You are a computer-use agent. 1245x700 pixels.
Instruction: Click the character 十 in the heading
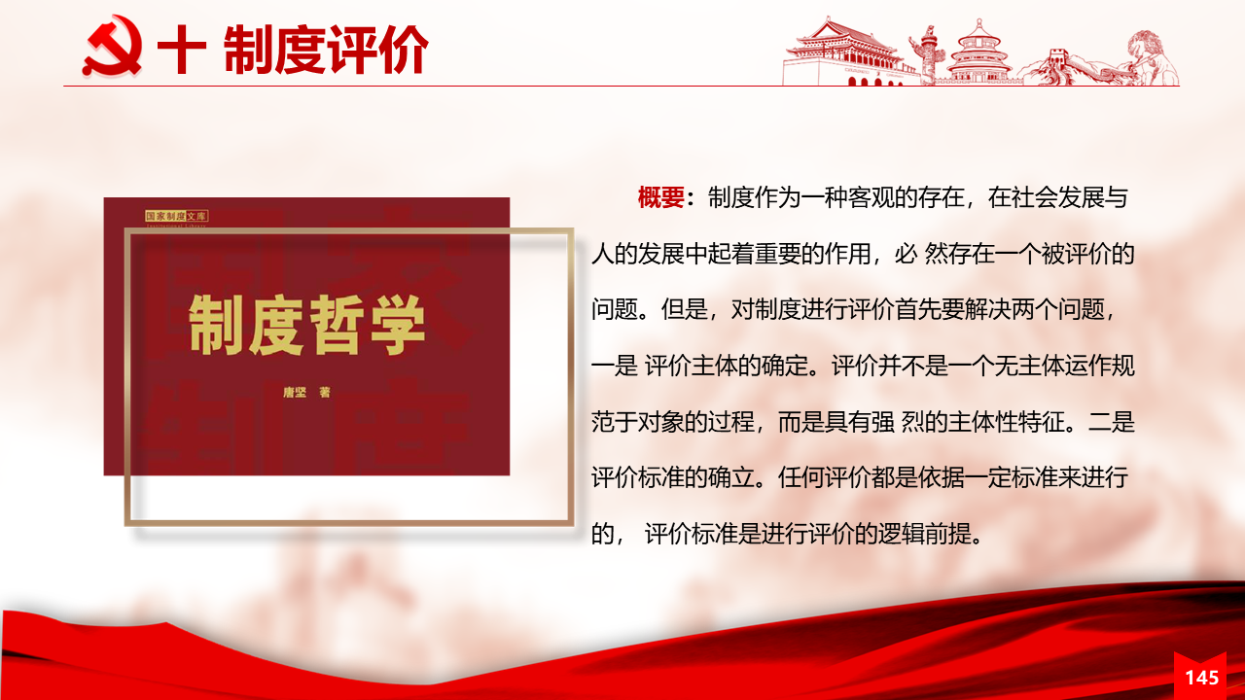pos(182,49)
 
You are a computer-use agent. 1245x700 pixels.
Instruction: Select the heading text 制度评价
pos(326,50)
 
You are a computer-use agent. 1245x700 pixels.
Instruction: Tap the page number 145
pos(1201,678)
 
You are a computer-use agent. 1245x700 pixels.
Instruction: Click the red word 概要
pos(660,197)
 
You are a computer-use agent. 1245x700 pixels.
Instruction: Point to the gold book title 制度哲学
pos(306,325)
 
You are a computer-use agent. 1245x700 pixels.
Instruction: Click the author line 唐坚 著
pos(306,392)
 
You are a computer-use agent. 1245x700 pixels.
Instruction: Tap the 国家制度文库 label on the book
pos(176,216)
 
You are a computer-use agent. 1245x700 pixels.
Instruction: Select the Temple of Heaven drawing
pos(978,52)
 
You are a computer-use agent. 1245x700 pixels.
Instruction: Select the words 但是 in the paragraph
pos(684,309)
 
